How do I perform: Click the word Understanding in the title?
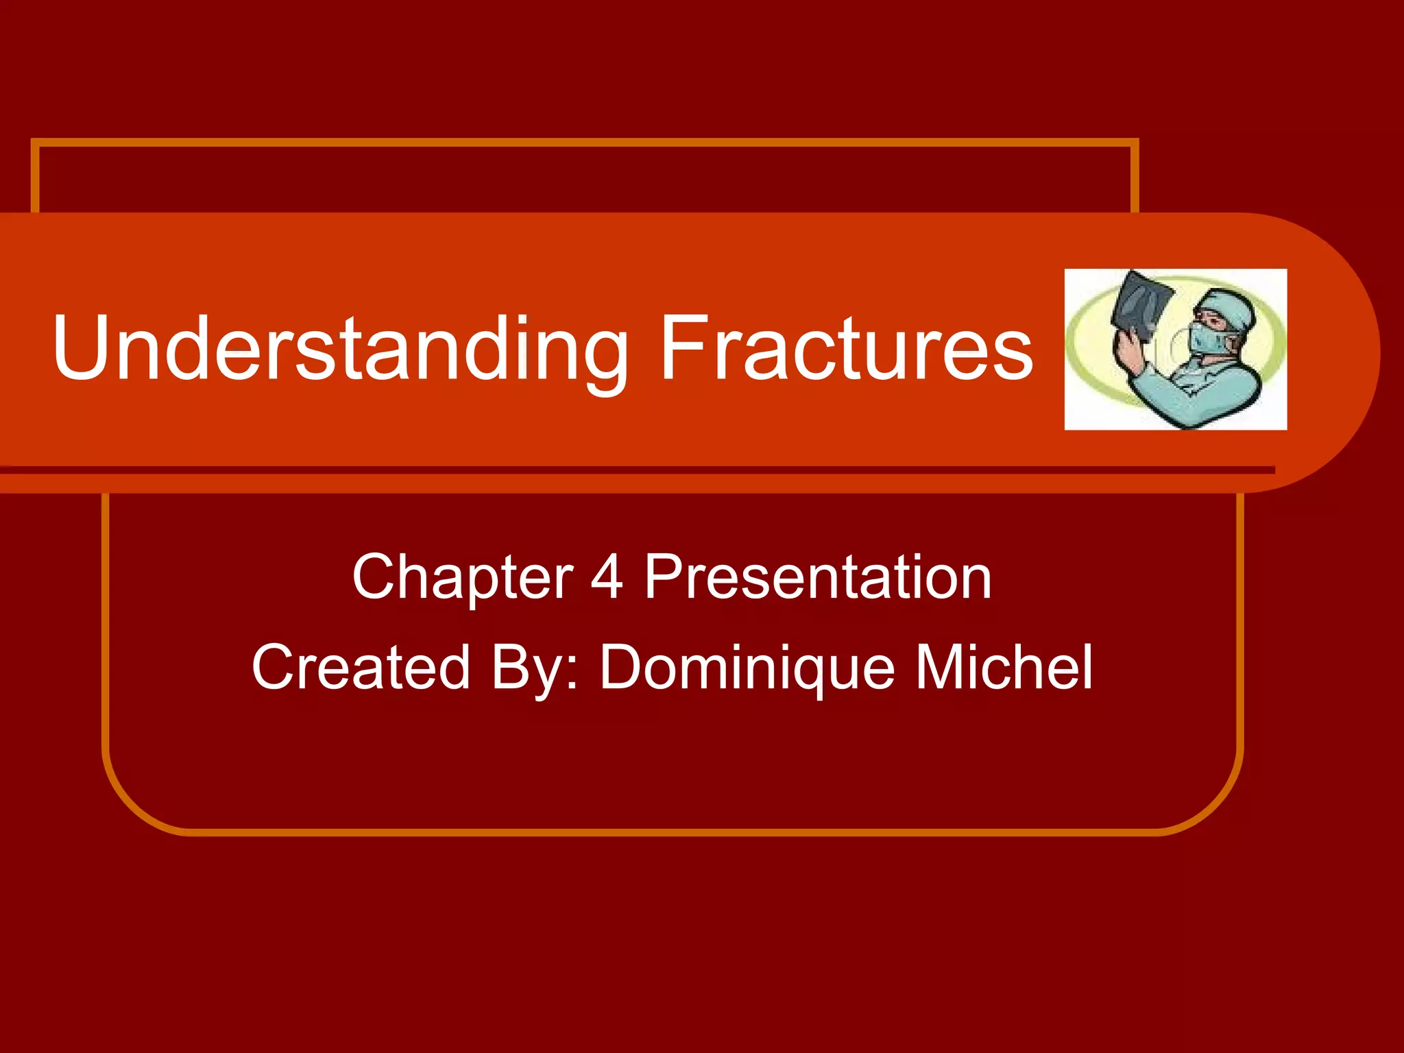coord(339,348)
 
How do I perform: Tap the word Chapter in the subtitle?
coord(462,578)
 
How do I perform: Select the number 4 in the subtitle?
coord(607,578)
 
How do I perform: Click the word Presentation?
coord(817,578)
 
